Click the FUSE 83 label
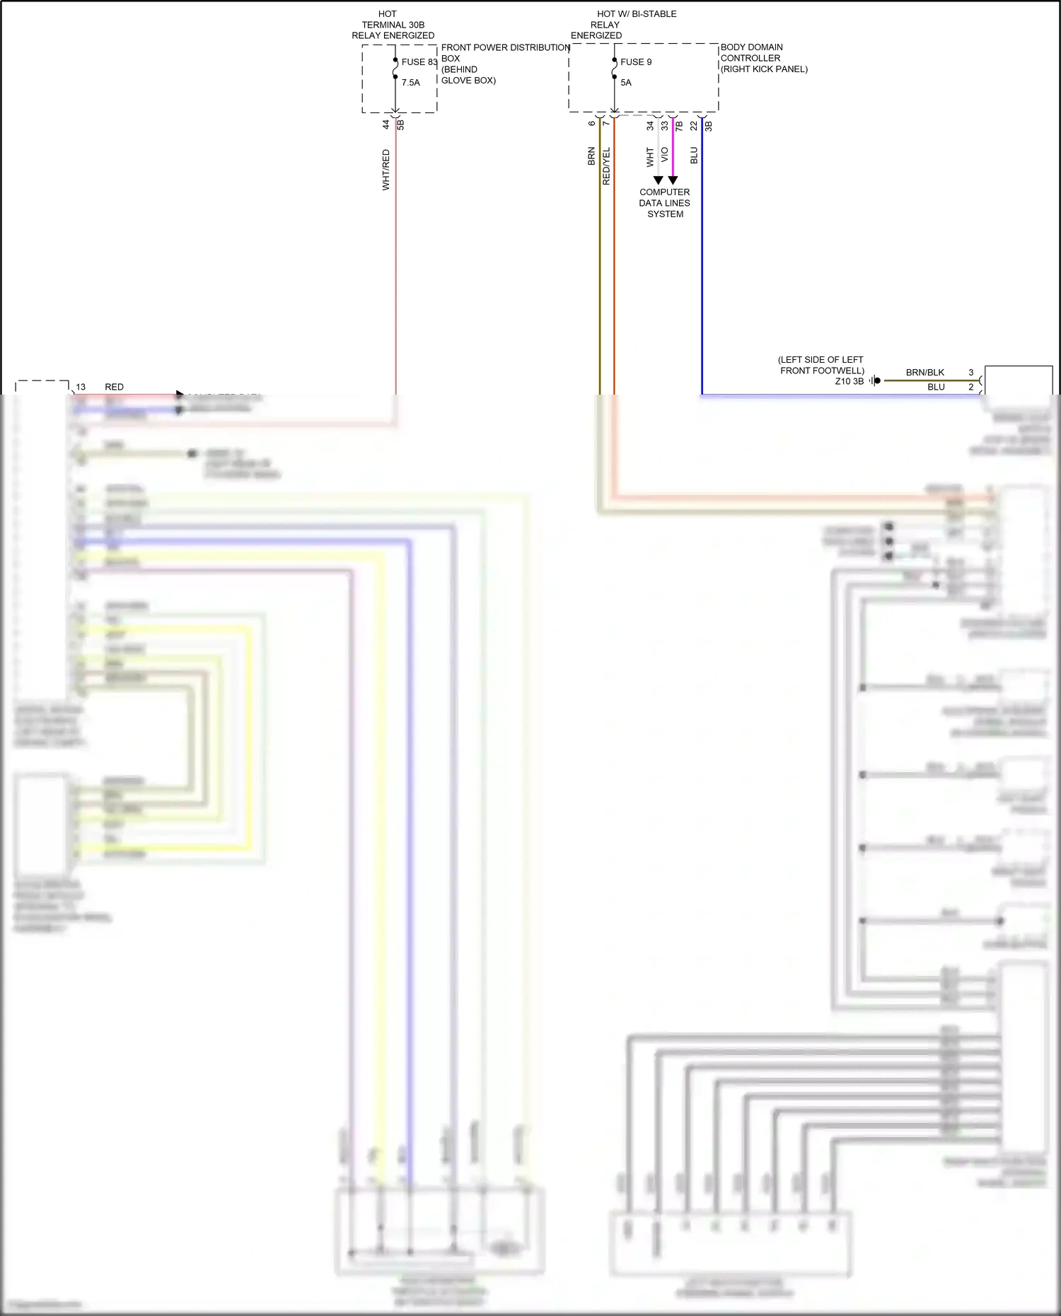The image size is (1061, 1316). [x=419, y=62]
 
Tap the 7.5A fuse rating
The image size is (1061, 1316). [x=410, y=83]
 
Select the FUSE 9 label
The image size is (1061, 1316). [x=635, y=62]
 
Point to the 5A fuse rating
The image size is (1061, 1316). [x=625, y=83]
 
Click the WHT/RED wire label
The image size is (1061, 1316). [x=385, y=170]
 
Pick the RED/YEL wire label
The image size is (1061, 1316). [x=606, y=166]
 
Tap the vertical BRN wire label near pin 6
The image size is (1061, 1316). [x=591, y=156]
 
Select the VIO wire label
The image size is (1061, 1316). [x=664, y=155]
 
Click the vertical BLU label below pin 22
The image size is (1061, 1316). [x=694, y=156]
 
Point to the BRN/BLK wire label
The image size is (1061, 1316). [x=924, y=373]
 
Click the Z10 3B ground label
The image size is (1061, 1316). [x=849, y=381]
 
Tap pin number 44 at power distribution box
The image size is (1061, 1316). [x=385, y=124]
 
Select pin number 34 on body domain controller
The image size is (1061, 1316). [x=650, y=126]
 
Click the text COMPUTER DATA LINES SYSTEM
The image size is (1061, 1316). [x=664, y=203]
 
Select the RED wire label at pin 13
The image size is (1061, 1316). [x=114, y=387]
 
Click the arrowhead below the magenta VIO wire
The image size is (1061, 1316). [x=673, y=180]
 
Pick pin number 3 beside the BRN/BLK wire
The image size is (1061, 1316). [x=970, y=373]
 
